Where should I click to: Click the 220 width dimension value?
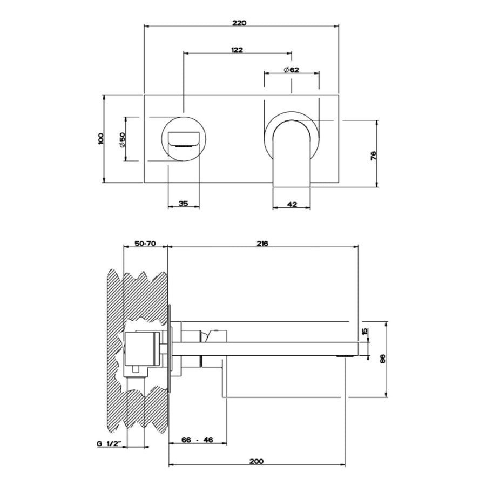(x=239, y=23)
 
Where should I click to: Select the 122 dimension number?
(x=237, y=50)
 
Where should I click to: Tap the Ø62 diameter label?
(x=292, y=70)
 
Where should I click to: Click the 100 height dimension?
(x=100, y=138)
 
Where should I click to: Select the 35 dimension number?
(x=184, y=204)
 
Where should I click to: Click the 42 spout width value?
(x=292, y=204)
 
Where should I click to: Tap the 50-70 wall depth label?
(x=145, y=244)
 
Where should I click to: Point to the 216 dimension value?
(x=262, y=244)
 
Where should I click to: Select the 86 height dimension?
(x=382, y=359)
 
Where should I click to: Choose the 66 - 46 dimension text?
(x=198, y=440)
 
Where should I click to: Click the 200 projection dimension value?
(x=256, y=461)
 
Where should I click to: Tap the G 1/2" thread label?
(x=109, y=444)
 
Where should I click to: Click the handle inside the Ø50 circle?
(x=184, y=139)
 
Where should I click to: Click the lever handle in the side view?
(x=215, y=336)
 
